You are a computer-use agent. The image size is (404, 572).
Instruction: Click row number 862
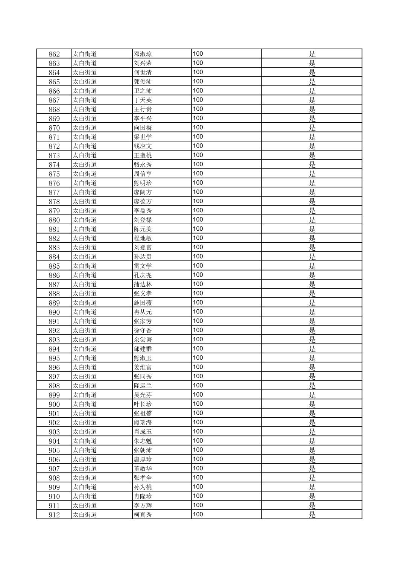coord(54,54)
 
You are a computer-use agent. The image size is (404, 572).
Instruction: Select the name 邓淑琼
coord(143,54)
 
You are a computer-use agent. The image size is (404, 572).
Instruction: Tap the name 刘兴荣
coord(143,63)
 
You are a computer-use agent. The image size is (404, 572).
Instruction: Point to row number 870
coord(54,128)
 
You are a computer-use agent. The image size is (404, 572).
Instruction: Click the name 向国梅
coord(143,128)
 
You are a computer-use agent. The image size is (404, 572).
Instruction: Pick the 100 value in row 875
coord(198,173)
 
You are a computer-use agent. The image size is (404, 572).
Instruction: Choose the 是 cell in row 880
coord(312,220)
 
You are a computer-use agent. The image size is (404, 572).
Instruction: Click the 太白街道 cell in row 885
coord(85,266)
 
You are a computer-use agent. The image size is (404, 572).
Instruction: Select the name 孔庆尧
coord(143,275)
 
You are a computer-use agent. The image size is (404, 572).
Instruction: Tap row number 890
coord(54,312)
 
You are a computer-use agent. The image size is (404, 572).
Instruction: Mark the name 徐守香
coord(143,330)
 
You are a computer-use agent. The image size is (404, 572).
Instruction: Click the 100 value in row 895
coord(198,358)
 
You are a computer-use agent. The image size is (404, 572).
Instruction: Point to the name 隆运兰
coord(143,386)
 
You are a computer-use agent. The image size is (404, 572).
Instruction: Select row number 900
coord(54,404)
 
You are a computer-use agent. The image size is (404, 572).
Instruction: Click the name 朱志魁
coord(143,441)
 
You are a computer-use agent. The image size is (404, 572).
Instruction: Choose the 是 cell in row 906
coord(312,459)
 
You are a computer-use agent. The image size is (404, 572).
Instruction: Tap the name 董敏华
coord(143,469)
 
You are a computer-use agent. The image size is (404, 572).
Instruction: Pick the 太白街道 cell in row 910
coord(85,496)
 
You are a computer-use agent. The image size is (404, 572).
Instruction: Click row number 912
coord(54,515)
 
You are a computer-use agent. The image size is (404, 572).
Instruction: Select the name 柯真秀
coord(143,515)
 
